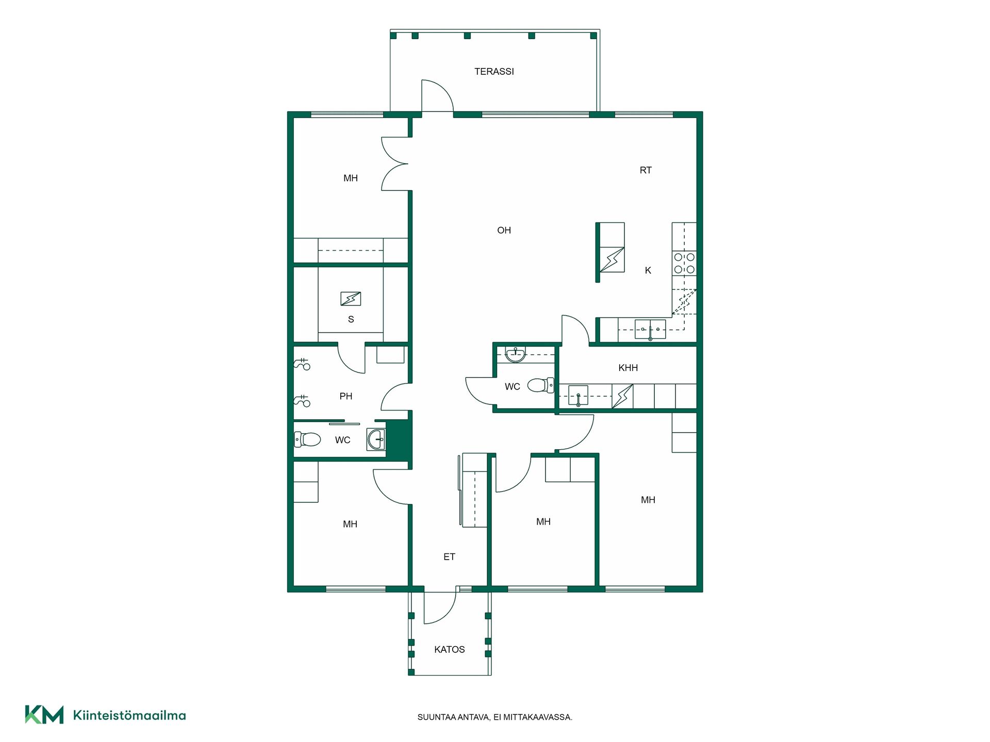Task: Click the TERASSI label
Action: [x=494, y=72]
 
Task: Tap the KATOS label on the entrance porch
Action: [x=450, y=650]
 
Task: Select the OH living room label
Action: [x=504, y=230]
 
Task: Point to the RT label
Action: [x=646, y=170]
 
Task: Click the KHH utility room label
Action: [x=628, y=368]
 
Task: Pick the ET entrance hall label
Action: [x=449, y=557]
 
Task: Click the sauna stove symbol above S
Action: [x=351, y=299]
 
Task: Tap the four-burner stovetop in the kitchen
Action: [x=684, y=263]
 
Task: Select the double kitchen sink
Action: [x=650, y=329]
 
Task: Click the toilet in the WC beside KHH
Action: [x=540, y=385]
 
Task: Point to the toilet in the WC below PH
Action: [x=307, y=440]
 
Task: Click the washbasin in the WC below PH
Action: [x=376, y=440]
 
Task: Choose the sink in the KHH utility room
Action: [x=578, y=396]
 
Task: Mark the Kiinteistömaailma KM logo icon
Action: [x=44, y=715]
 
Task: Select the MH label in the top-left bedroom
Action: [x=351, y=178]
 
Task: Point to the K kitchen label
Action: [x=648, y=271]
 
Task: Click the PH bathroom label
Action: [x=346, y=396]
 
